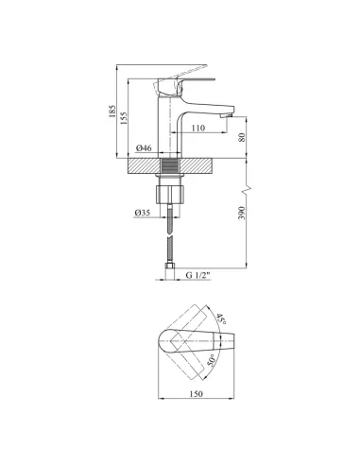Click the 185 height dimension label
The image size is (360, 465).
112,112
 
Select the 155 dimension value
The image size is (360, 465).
124,118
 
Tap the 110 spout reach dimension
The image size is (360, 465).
197,128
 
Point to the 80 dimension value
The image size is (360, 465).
242,137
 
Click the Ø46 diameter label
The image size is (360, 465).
144,147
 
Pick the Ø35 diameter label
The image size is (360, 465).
143,213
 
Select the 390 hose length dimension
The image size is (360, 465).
241,214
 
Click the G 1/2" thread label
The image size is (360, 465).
197,275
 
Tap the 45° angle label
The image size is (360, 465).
221,319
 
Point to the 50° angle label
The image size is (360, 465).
211,361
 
